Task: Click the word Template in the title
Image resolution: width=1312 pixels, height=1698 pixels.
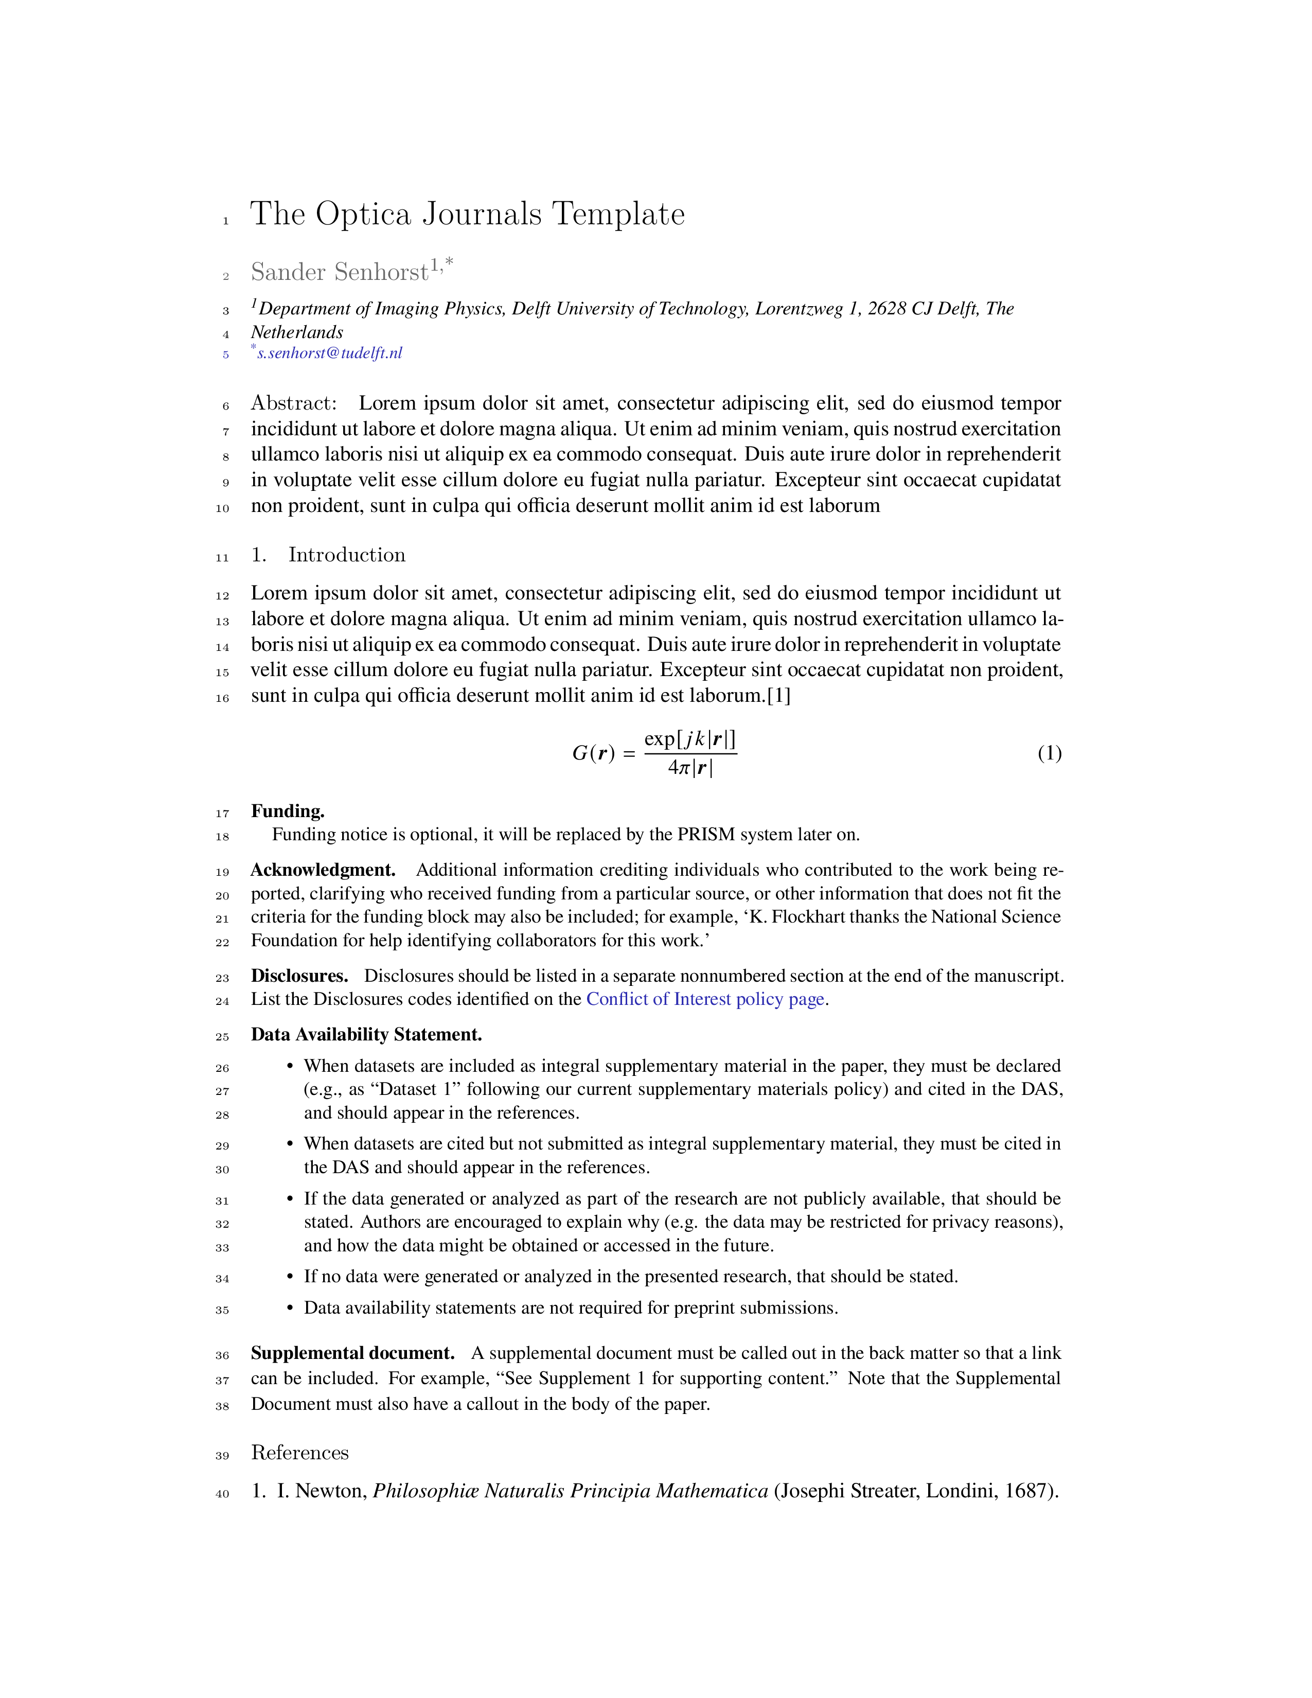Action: [618, 215]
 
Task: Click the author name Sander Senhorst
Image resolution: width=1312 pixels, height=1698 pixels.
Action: [339, 272]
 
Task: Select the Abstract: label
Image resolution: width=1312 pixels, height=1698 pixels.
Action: [293, 403]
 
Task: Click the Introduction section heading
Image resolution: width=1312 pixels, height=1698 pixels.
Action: [347, 555]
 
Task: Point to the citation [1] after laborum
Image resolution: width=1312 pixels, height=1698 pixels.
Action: [779, 696]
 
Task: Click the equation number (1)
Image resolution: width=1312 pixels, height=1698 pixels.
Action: [1049, 753]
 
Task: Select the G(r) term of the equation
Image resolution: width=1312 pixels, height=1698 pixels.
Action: [593, 753]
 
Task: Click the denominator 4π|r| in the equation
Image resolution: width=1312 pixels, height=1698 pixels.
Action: [690, 769]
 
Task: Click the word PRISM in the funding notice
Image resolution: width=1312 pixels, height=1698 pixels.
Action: [706, 835]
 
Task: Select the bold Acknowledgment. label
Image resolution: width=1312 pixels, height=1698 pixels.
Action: [323, 870]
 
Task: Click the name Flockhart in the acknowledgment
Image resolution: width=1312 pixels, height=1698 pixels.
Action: [808, 917]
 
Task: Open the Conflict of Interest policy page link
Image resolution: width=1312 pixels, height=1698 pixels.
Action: [705, 1000]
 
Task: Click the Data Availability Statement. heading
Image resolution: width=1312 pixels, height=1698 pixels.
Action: [366, 1035]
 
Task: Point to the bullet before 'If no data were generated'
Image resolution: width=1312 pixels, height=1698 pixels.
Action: [290, 1278]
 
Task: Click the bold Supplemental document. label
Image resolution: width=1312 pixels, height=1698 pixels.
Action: [352, 1354]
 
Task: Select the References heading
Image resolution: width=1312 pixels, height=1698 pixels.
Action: [300, 1453]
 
